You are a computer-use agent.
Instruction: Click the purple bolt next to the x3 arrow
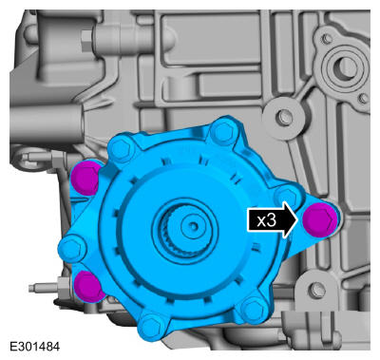[x=318, y=219]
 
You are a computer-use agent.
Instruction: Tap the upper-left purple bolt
[x=85, y=178]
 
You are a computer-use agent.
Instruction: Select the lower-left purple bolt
[x=88, y=286]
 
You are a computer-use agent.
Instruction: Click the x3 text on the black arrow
[x=267, y=220]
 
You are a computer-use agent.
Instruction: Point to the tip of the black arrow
[x=298, y=220]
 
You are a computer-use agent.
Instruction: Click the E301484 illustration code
[x=35, y=347]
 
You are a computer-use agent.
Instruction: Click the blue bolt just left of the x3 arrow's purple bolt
[x=287, y=197]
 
